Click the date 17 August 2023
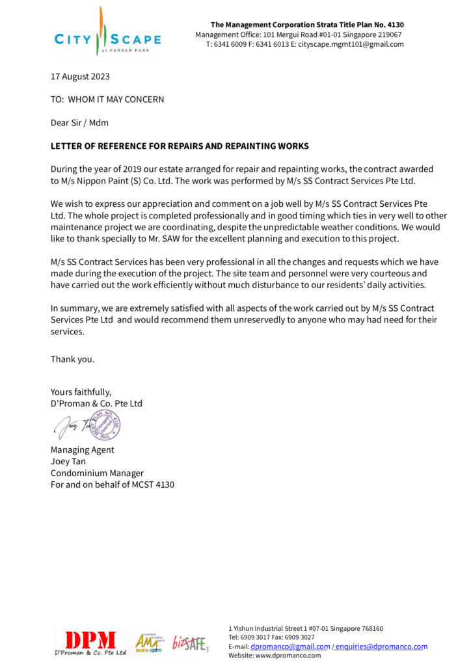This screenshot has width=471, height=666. click(80, 76)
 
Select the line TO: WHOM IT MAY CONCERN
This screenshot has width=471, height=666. click(107, 100)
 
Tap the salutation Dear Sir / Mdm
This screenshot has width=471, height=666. click(79, 122)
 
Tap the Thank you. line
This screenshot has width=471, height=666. click(72, 358)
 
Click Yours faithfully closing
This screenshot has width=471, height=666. click(81, 392)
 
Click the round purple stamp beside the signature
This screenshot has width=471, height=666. click(104, 425)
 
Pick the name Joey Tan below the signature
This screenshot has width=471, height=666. click(68, 461)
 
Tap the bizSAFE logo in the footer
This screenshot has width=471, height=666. click(190, 643)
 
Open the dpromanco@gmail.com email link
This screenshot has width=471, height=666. click(289, 646)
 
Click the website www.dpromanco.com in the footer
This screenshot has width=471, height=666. click(289, 656)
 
